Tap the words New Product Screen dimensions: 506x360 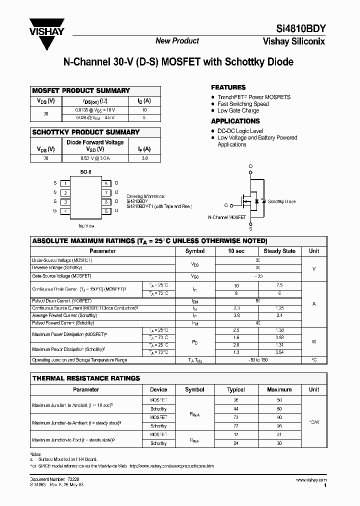coord(177,41)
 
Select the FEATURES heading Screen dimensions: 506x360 coord(228,87)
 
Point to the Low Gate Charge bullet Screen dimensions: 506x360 coord(238,110)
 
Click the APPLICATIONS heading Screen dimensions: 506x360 coord(235,121)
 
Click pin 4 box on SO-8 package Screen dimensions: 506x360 coord(65,211)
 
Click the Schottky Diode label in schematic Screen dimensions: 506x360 coord(281,201)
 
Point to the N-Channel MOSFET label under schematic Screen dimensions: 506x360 coord(226,218)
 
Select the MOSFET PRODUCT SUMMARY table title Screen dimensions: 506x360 coord(81,91)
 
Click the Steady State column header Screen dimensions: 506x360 coord(279,251)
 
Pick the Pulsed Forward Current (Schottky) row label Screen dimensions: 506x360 coord(63,323)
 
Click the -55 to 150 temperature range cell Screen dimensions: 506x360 coord(258,360)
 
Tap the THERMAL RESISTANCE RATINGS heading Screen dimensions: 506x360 coord(86,378)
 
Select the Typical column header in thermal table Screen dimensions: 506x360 coord(236,389)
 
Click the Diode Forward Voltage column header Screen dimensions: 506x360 coord(95,142)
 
